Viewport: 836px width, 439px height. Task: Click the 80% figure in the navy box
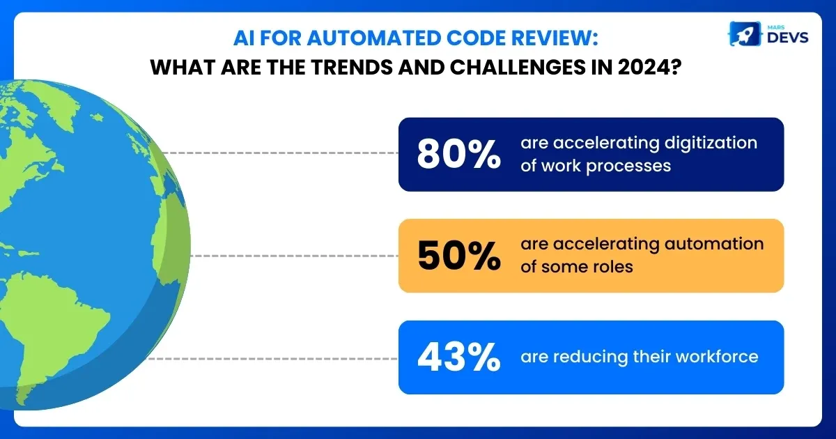pyautogui.click(x=458, y=155)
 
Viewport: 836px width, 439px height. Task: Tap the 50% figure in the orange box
pyautogui.click(x=458, y=256)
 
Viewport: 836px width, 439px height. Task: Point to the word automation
pyautogui.click(x=718, y=244)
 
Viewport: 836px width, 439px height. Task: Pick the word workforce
pyautogui.click(x=718, y=357)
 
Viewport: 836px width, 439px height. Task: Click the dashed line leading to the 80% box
pyautogui.click(x=279, y=152)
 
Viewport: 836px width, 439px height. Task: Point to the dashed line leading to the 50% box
pyautogui.click(x=293, y=256)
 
